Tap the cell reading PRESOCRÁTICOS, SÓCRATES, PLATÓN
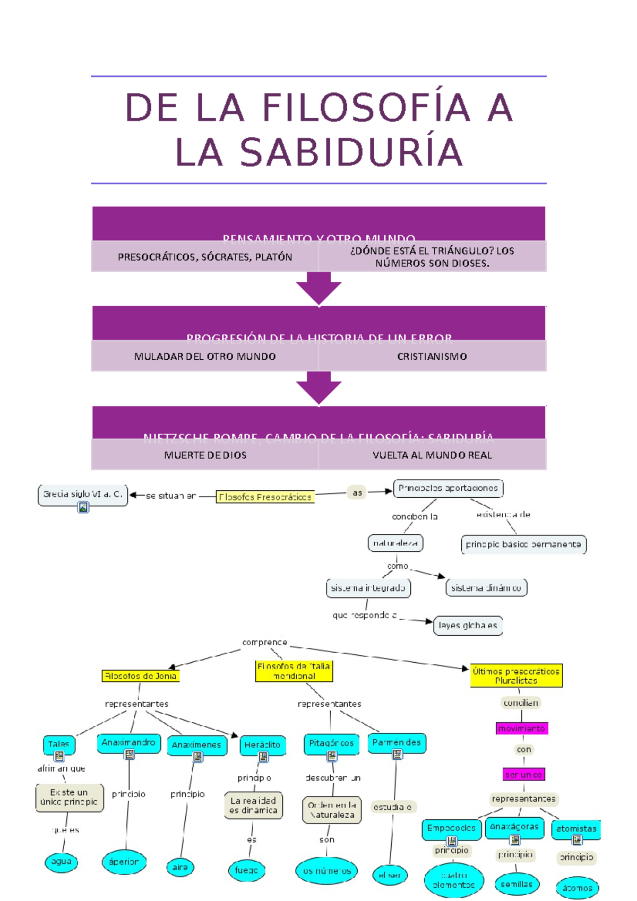tap(205, 257)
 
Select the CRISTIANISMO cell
tap(432, 357)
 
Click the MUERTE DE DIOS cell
tap(205, 455)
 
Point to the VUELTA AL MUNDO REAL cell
tap(432, 455)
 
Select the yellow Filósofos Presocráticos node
tap(265, 497)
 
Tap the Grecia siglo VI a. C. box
tap(83, 493)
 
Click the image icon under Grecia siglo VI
tap(83, 507)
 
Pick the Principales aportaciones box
tap(448, 488)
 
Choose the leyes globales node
tap(468, 626)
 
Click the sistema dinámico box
tap(486, 588)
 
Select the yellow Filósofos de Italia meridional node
tap(294, 671)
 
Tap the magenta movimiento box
tap(522, 729)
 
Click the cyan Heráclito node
tap(262, 745)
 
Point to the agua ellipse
tap(61, 862)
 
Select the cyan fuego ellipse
tap(246, 870)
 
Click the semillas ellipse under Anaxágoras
tap(516, 884)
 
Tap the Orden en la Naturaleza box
tap(332, 810)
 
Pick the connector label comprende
tap(264, 643)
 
